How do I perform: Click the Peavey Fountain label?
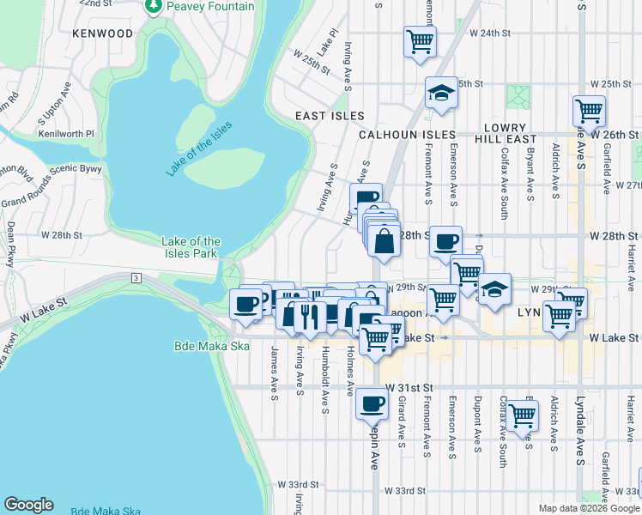coord(211,7)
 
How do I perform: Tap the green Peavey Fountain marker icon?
coord(154,7)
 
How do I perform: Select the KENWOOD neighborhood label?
coord(103,33)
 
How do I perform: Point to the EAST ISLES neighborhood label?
coord(330,116)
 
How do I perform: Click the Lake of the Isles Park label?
coord(191,247)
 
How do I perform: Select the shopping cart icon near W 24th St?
coord(420,40)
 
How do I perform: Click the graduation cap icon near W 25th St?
coord(441,93)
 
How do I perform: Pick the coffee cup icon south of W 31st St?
coord(372,402)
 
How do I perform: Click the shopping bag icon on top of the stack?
coord(385,239)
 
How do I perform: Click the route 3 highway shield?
coord(136,277)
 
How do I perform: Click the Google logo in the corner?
coord(28,505)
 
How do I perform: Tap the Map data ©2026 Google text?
coord(589,508)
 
